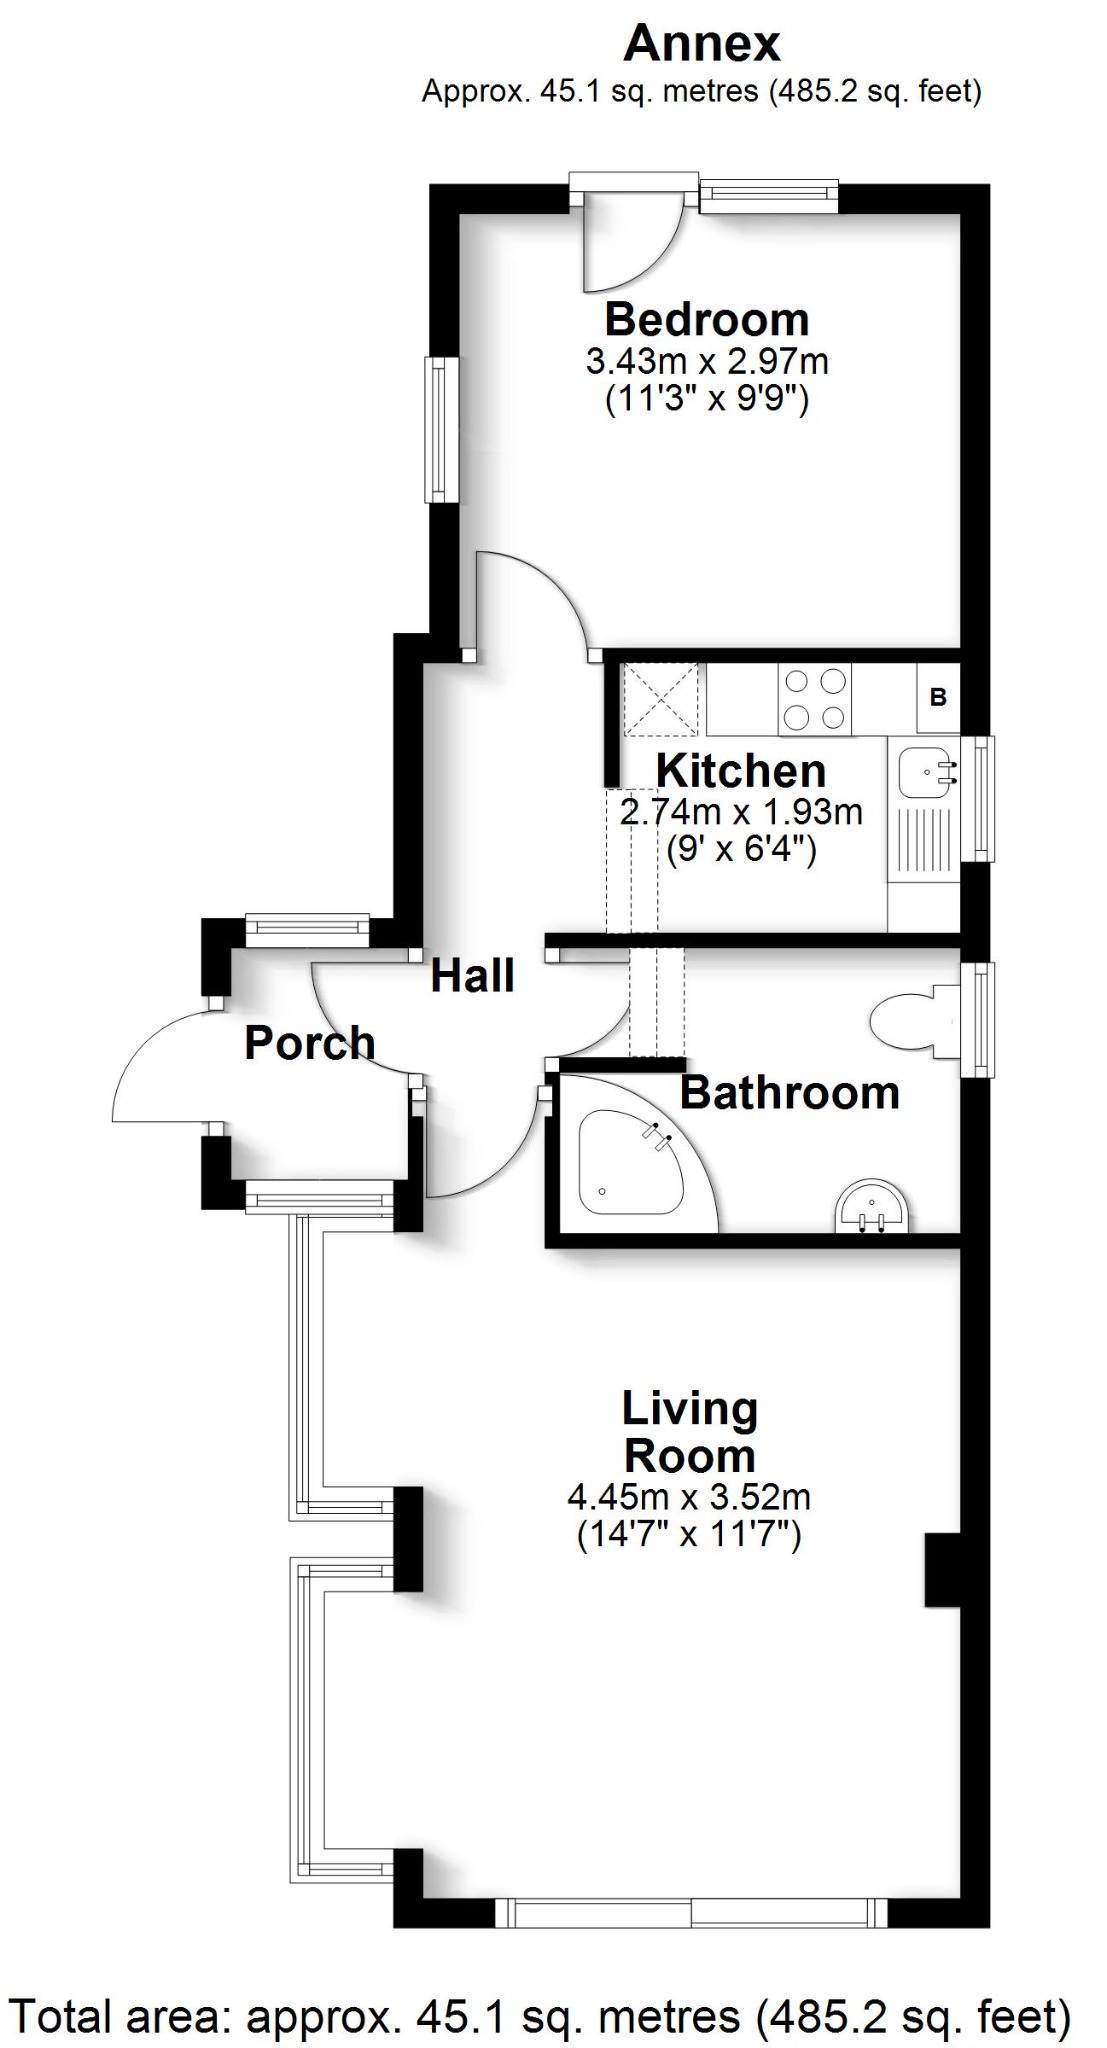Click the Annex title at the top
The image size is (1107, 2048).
click(701, 44)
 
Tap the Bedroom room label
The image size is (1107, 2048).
click(706, 320)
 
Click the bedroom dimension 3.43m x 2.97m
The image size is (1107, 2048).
click(706, 360)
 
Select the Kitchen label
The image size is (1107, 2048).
click(740, 771)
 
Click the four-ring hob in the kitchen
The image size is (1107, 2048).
click(815, 700)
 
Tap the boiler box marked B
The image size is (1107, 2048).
click(938, 697)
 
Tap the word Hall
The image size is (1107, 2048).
click(472, 976)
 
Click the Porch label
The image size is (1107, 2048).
click(309, 1043)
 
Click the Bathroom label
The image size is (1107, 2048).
click(789, 1092)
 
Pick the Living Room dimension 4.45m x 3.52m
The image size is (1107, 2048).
click(688, 1497)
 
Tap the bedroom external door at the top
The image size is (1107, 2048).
click(630, 240)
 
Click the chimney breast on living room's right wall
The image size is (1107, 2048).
click(942, 1568)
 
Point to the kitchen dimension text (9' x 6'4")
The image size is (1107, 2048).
click(740, 851)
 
